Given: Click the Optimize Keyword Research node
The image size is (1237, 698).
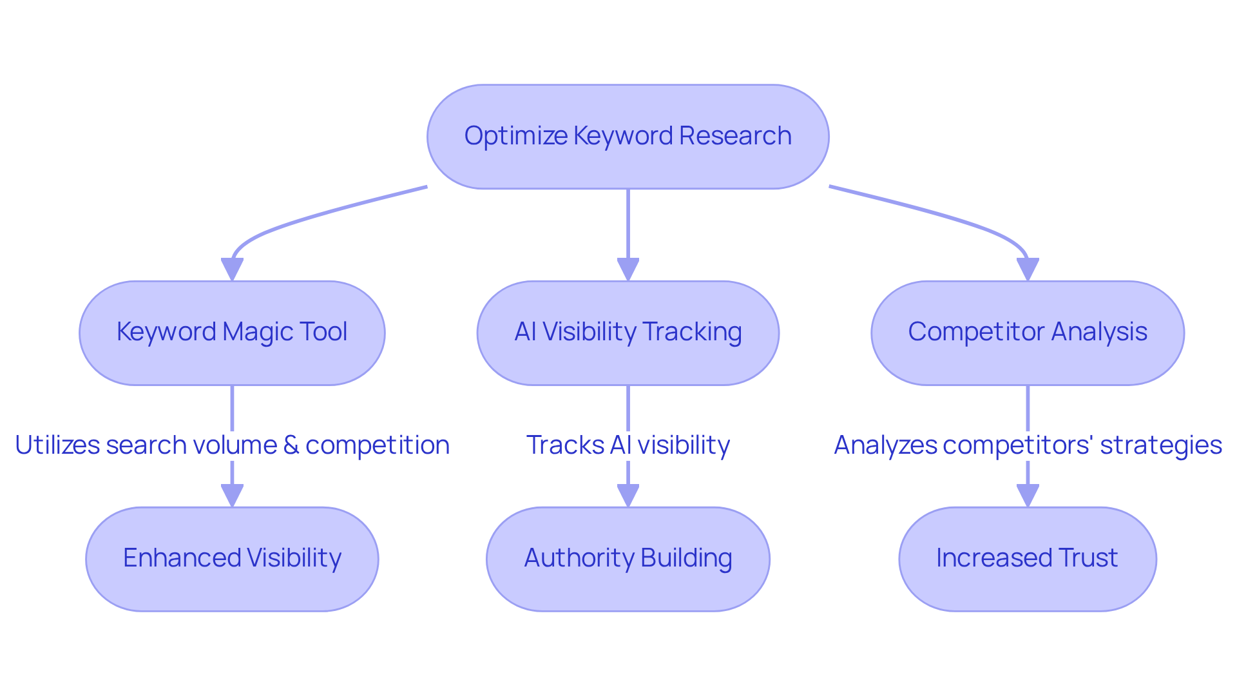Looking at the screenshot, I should click(628, 137).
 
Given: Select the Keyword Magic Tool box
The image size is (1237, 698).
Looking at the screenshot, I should click(232, 333).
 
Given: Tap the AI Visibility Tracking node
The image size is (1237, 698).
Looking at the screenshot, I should click(628, 333).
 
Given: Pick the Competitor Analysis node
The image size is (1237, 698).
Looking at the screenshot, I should click(1027, 333).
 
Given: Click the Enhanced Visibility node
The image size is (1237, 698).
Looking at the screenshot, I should click(232, 559).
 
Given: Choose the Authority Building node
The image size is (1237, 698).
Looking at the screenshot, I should click(628, 559).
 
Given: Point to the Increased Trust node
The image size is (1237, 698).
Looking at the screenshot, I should click(1027, 559).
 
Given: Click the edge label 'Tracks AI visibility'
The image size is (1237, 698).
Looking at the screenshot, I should click(628, 445).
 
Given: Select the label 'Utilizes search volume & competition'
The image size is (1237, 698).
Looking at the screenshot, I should click(232, 445).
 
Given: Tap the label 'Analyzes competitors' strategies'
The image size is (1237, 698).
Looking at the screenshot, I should click(1027, 445).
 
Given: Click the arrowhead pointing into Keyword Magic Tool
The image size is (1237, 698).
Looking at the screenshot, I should click(232, 269).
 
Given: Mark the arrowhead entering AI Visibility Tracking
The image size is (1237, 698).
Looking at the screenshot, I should click(628, 269).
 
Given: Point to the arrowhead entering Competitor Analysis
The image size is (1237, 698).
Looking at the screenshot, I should click(1027, 269).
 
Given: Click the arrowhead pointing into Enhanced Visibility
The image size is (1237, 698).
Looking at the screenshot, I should click(232, 496).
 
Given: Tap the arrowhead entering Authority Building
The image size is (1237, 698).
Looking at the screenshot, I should click(628, 496).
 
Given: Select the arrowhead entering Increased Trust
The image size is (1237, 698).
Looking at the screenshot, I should click(1027, 496).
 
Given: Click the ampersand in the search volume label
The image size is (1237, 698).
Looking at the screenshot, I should click(291, 445).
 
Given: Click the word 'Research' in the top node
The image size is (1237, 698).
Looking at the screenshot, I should click(735, 136).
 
